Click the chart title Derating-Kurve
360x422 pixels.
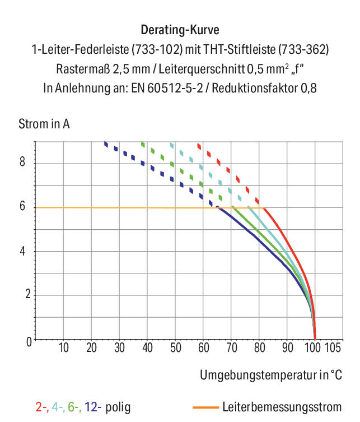tap(180, 30)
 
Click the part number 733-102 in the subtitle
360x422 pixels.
tap(157, 49)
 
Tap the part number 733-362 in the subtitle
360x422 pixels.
tap(303, 49)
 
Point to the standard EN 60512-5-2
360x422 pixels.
tap(167, 89)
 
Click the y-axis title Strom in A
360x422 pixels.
tap(44, 124)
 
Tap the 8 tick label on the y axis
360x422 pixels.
tap(22, 161)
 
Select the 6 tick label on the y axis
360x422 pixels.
tap(22, 206)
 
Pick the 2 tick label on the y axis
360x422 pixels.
tap(28, 294)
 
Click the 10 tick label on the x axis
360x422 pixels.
tap(64, 347)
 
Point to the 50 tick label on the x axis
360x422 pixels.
tap(176, 347)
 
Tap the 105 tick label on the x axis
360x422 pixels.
tap(333, 347)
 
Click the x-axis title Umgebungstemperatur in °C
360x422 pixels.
tap(271, 375)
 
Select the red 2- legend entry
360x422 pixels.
tap(41, 407)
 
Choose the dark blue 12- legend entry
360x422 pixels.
tap(93, 407)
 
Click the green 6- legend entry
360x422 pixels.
tap(74, 407)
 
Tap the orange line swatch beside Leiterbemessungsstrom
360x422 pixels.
tap(206, 407)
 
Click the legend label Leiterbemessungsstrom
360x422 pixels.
tap(282, 407)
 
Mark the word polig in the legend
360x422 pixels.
tap(118, 407)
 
